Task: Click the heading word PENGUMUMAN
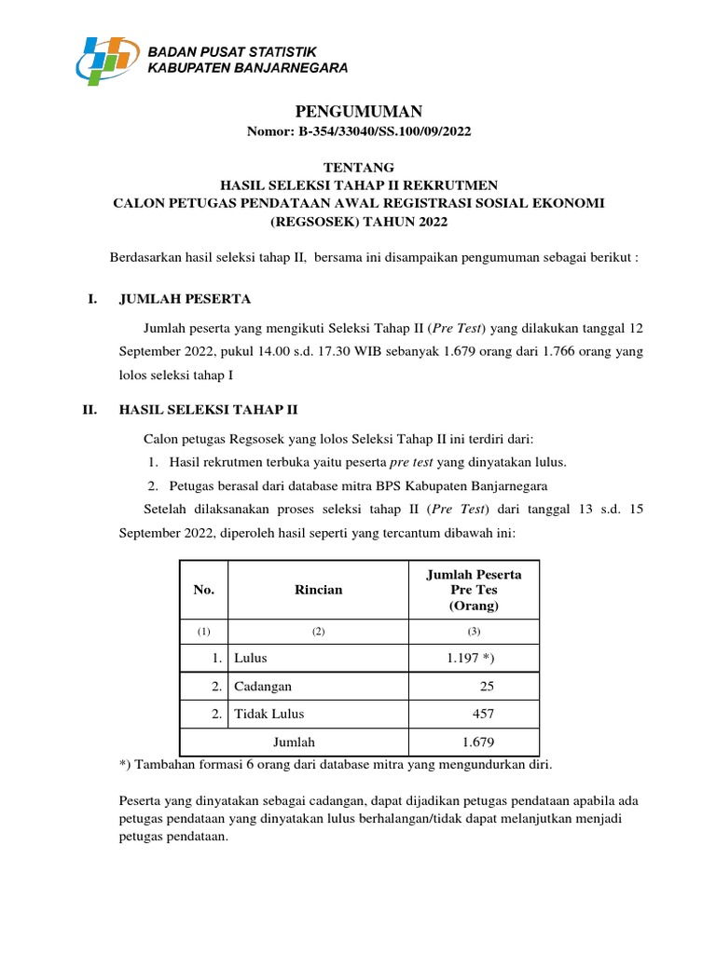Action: click(359, 112)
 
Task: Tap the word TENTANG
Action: click(359, 167)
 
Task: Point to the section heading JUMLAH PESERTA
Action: click(185, 299)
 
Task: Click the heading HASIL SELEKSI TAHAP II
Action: click(208, 409)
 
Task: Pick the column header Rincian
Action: click(318, 590)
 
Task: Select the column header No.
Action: click(203, 590)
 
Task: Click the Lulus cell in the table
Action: click(252, 658)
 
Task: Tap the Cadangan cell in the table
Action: click(264, 686)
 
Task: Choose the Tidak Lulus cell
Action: click(270, 714)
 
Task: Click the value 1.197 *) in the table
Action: click(471, 658)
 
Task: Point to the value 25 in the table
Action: click(487, 686)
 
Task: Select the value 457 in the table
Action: click(483, 714)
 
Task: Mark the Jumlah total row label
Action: click(294, 742)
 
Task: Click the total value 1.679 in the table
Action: click(477, 742)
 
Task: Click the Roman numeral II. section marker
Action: click(89, 409)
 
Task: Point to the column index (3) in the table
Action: click(473, 631)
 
